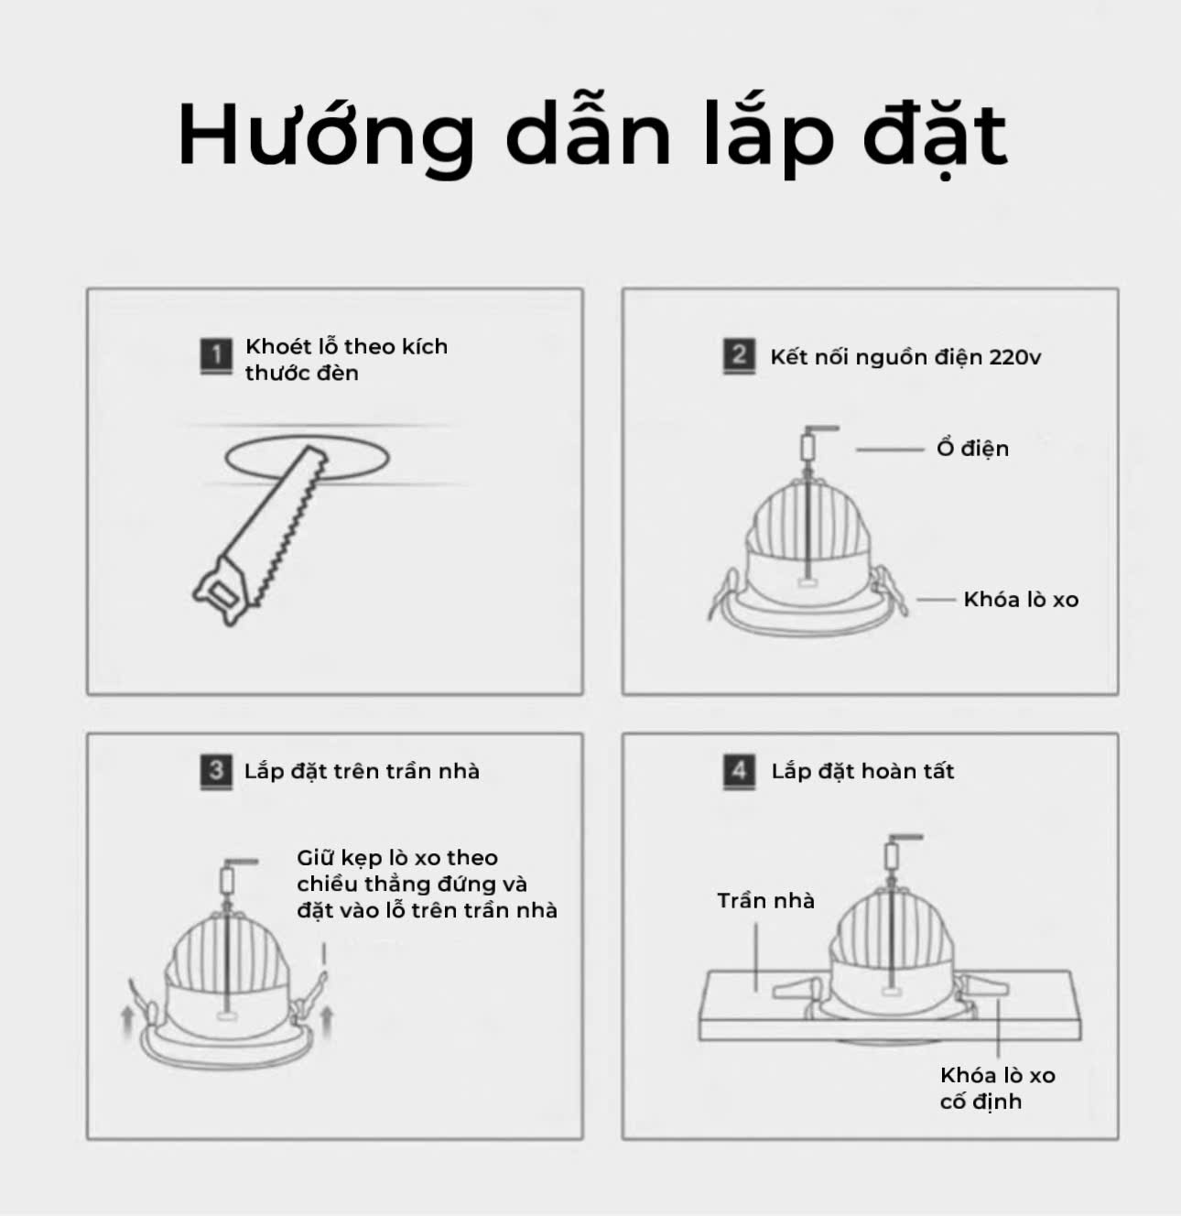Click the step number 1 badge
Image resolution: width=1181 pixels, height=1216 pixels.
[216, 355]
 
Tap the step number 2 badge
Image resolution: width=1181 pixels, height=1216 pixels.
[739, 355]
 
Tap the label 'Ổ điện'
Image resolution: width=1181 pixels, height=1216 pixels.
[972, 448]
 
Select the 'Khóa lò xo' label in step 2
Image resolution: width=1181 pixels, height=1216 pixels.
[1021, 599]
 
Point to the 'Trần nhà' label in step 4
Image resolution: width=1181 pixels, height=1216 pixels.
[765, 900]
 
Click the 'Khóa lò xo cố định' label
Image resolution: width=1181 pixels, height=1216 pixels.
[997, 1088]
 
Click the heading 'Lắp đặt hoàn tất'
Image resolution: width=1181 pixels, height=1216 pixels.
[862, 771]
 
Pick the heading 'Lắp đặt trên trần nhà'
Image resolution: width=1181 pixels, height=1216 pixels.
[362, 771]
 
